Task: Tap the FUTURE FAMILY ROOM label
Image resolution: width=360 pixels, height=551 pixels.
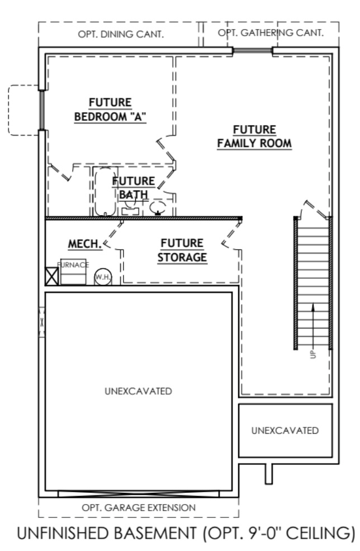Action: (x=254, y=136)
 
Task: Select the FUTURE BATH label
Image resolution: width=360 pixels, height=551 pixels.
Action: (x=134, y=187)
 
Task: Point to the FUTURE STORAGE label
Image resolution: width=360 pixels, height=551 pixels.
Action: (x=182, y=250)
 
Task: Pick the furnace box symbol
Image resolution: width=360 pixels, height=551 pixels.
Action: (x=73, y=272)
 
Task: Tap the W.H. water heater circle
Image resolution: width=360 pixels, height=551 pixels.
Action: (x=102, y=276)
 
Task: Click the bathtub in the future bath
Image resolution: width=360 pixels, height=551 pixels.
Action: (x=103, y=192)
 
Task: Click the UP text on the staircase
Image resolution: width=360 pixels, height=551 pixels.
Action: (x=313, y=353)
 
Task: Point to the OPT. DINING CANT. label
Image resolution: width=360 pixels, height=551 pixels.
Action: (x=120, y=34)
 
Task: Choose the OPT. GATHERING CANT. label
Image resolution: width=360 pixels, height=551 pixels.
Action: (x=271, y=33)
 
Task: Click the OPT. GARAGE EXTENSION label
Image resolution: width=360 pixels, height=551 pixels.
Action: (x=138, y=507)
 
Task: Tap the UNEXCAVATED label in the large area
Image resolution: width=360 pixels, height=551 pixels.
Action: (x=138, y=390)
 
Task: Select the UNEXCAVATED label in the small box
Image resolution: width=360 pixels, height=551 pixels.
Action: (x=285, y=430)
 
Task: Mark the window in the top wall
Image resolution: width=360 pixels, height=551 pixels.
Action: (x=252, y=51)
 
